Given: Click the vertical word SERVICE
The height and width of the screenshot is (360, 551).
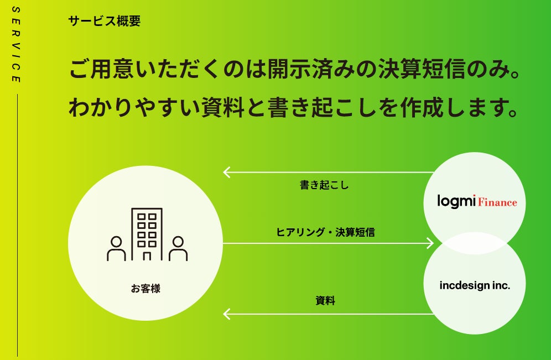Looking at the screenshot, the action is click(16, 45).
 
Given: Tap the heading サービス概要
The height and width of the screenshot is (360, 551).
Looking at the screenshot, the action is click(105, 22).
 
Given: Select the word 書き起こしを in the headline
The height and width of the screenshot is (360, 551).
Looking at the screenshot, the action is click(349, 107).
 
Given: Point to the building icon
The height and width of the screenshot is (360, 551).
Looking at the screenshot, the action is click(147, 234).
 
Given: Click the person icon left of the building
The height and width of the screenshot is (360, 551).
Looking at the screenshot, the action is click(116, 249).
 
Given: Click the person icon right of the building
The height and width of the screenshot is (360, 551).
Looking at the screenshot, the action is click(178, 249).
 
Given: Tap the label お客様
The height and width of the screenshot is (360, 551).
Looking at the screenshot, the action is click(145, 288).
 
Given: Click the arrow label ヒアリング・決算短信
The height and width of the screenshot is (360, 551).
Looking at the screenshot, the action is click(325, 232).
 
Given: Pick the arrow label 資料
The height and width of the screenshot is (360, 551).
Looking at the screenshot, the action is click(325, 301).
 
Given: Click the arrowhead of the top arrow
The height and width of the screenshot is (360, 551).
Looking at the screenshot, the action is click(226, 172).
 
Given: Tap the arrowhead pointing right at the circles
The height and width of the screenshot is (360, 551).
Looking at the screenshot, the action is click(430, 243).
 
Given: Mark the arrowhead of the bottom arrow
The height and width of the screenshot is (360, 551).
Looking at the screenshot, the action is click(226, 314).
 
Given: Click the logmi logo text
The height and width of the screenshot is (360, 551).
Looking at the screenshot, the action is click(456, 201).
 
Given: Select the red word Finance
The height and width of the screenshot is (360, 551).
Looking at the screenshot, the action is click(497, 202).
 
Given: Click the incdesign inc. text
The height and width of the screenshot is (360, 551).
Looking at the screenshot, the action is click(475, 286).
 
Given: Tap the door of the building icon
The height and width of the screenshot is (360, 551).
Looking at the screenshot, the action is click(147, 255).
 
